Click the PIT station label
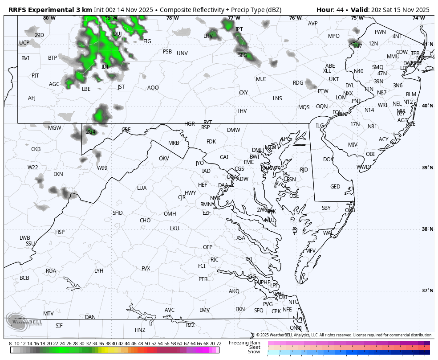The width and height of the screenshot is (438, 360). (35, 76)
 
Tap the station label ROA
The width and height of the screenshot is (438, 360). (51, 271)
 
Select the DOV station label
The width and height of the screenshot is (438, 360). (328, 160)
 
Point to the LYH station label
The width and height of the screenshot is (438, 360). (99, 271)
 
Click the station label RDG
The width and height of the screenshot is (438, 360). (298, 83)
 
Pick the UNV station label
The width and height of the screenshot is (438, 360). (182, 53)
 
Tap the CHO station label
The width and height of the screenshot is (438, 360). (145, 221)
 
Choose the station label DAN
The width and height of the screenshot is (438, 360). (90, 317)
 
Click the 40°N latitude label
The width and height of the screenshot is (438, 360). (427, 106)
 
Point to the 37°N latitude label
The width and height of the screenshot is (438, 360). (427, 291)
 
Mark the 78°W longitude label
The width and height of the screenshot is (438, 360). (172, 18)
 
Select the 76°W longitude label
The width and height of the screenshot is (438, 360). (295, 18)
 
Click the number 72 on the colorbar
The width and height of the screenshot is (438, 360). (219, 344)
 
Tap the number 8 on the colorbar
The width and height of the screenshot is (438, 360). (10, 344)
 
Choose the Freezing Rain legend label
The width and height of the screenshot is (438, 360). (244, 343)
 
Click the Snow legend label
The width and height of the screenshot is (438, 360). (254, 352)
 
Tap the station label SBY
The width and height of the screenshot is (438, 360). (326, 208)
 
